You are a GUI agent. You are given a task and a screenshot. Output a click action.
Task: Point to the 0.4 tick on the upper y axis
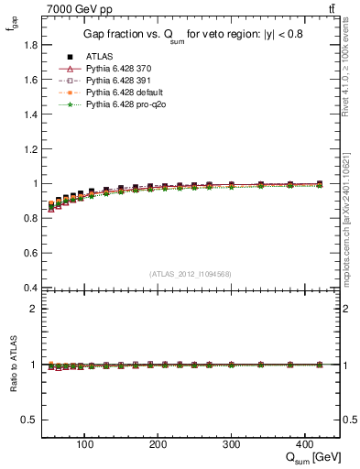click(30, 288)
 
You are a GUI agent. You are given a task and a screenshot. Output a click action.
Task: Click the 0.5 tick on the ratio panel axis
click(30, 420)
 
